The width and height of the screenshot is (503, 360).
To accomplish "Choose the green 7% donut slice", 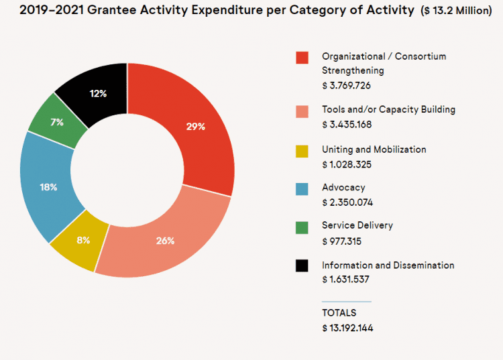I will [x=57, y=122].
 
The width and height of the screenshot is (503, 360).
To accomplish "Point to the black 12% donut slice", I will [x=98, y=93].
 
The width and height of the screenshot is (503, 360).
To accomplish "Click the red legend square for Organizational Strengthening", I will [x=302, y=58].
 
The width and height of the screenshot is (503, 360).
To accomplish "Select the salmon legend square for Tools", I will [x=302, y=111].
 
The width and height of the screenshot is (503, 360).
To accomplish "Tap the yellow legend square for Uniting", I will [x=302, y=150].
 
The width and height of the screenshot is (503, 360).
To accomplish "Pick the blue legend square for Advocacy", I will [x=302, y=188].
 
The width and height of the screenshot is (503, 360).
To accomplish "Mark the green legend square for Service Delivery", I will [x=302, y=227].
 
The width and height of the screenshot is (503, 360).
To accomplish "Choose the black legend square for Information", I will [x=302, y=266].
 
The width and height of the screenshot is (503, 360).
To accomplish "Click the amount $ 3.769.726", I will [x=347, y=86].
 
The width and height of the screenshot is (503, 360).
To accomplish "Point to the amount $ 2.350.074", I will [x=347, y=202].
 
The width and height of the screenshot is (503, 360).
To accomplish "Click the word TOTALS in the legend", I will [x=339, y=313].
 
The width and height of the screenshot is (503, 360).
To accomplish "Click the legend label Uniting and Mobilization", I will [x=374, y=149].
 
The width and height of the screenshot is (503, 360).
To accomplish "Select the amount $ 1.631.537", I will [x=346, y=280].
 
